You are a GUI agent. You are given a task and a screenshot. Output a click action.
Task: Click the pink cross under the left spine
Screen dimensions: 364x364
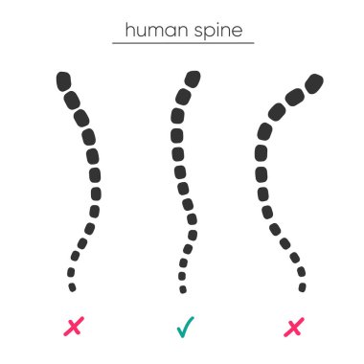coord(73,328)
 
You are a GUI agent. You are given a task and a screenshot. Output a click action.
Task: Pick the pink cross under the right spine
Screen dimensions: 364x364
coord(294,328)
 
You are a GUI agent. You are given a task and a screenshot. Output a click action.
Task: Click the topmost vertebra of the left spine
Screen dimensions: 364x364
coord(63,78)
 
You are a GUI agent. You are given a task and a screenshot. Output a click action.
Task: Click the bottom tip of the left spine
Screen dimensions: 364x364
coord(72,286)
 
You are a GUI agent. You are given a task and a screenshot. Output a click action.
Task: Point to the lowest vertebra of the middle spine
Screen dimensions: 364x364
coord(183,287)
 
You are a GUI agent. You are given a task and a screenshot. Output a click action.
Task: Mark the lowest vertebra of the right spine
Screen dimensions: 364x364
coord(303,287)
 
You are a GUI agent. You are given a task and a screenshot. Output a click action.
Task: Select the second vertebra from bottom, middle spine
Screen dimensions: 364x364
coord(182,277)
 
